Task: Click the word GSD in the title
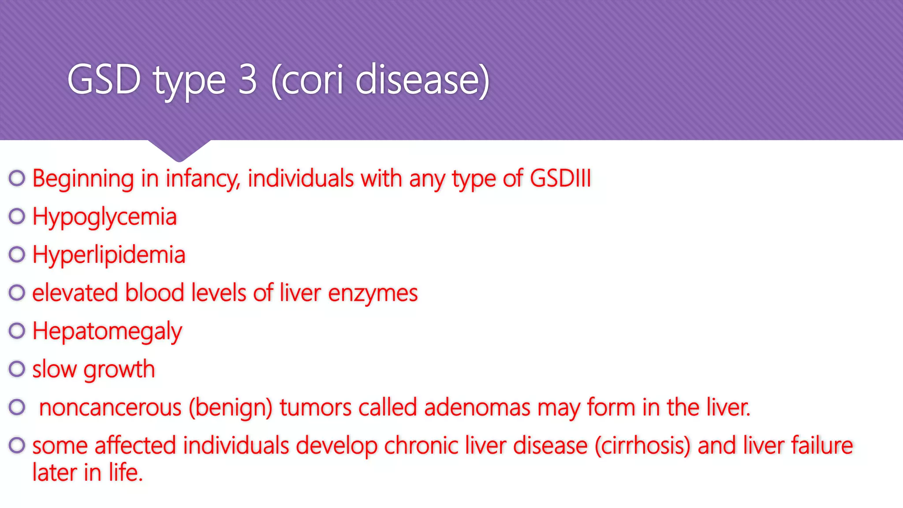pyautogui.click(x=104, y=79)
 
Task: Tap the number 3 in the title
pyautogui.click(x=247, y=79)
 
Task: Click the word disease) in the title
pyautogui.click(x=422, y=79)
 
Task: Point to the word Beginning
pyautogui.click(x=83, y=179)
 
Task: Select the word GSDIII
pyautogui.click(x=560, y=178)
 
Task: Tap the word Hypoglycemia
pyautogui.click(x=104, y=217)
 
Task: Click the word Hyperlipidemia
pyautogui.click(x=109, y=255)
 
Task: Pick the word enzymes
pyautogui.click(x=373, y=293)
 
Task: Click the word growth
pyautogui.click(x=119, y=370)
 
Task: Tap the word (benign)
pyautogui.click(x=231, y=407)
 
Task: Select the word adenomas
pyautogui.click(x=477, y=407)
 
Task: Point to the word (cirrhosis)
pyautogui.click(x=642, y=445)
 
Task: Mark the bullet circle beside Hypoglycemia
pyautogui.click(x=17, y=216)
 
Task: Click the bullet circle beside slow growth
pyautogui.click(x=17, y=369)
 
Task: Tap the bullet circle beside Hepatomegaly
pyautogui.click(x=17, y=331)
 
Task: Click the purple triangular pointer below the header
pyautogui.click(x=179, y=150)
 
